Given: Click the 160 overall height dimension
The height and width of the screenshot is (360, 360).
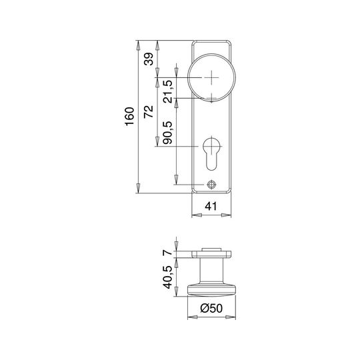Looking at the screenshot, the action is pyautogui.click(x=130, y=117).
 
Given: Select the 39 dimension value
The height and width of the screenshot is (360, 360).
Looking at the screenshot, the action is pyautogui.click(x=149, y=59).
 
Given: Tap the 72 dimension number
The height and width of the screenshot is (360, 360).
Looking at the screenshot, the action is pyautogui.click(x=149, y=111).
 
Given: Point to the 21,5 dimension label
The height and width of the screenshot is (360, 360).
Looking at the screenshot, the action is pyautogui.click(x=167, y=91).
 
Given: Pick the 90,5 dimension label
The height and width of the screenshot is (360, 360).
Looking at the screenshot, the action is pyautogui.click(x=167, y=133).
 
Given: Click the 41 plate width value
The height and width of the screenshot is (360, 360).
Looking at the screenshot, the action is pyautogui.click(x=211, y=206).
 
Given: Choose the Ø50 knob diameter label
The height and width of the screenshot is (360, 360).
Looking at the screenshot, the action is pyautogui.click(x=211, y=308).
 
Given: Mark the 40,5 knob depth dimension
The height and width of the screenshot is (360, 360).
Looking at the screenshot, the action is pyautogui.click(x=167, y=277).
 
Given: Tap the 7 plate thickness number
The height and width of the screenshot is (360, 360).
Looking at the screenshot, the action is pyautogui.click(x=167, y=252).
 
